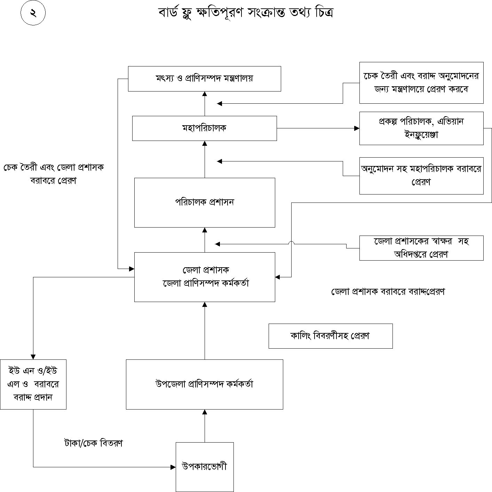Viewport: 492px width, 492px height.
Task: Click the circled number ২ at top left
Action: pyautogui.click(x=33, y=14)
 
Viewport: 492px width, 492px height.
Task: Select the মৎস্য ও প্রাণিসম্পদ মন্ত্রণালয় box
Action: pyautogui.click(x=204, y=79)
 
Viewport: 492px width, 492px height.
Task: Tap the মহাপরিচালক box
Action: pyautogui.click(x=204, y=128)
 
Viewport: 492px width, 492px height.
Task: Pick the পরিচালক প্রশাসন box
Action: pyautogui.click(x=205, y=203)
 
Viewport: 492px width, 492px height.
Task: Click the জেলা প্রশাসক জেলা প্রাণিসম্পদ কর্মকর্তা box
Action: pyautogui.click(x=205, y=277)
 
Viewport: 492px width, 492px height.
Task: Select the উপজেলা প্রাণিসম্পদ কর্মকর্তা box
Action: pyautogui.click(x=204, y=384)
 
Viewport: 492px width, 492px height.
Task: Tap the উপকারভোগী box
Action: pyautogui.click(x=204, y=467)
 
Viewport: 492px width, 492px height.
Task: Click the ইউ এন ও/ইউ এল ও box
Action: pyautogui.click(x=33, y=384)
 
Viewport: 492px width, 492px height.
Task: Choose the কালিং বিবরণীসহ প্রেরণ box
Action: pyautogui.click(x=330, y=336)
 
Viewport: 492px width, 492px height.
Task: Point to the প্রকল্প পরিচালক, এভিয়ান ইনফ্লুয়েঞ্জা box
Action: pyautogui.click(x=421, y=128)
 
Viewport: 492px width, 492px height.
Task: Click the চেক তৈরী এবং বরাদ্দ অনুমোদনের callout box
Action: pyautogui.click(x=421, y=82)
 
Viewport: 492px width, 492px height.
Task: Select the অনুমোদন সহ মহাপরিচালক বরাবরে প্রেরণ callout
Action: pyautogui.click(x=421, y=175)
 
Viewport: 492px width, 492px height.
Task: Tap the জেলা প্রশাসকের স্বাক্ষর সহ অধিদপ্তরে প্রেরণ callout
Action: pyautogui.click(x=421, y=248)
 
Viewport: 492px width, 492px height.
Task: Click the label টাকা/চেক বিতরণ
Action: pyautogui.click(x=93, y=443)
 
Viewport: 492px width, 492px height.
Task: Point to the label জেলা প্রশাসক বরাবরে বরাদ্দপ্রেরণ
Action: pyautogui.click(x=388, y=292)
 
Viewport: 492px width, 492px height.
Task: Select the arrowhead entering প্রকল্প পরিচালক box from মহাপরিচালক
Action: pyautogui.click(x=357, y=128)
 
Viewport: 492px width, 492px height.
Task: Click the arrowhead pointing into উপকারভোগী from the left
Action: pyautogui.click(x=173, y=467)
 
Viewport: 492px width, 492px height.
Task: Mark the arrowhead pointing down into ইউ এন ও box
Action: pyautogui.click(x=33, y=357)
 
